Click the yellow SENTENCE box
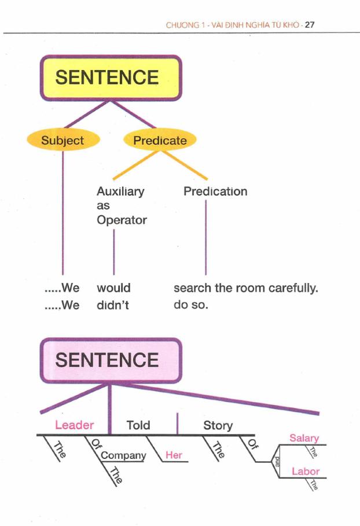tap(110, 78)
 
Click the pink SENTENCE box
tap(110, 361)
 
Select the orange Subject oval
tap(63, 140)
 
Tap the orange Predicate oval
tap(160, 140)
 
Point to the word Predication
tap(215, 192)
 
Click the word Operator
tap(122, 220)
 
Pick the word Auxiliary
tap(120, 192)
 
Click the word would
tap(113, 288)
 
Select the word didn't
tap(112, 305)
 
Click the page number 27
tap(309, 25)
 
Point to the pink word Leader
tap(74, 425)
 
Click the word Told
tap(138, 425)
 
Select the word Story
tap(218, 425)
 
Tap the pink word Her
tap(174, 455)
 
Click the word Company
tap(123, 455)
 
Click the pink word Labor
tap(306, 472)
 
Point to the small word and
tap(277, 461)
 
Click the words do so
tap(190, 305)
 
